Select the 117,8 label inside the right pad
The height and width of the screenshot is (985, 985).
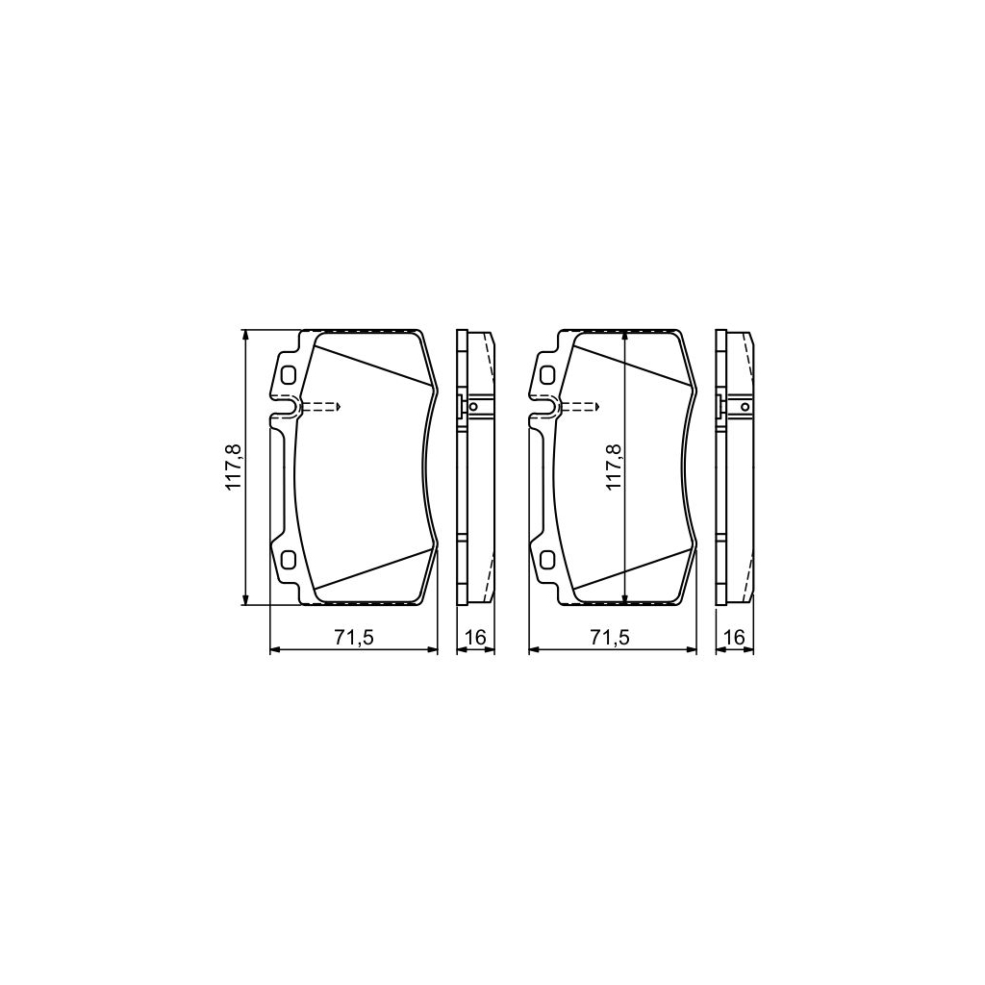[613, 468]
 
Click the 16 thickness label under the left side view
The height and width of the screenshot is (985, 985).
[474, 637]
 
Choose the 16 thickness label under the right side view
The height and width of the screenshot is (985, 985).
[735, 637]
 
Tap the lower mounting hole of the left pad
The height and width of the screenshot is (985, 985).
[287, 559]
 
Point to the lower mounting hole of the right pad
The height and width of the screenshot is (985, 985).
[546, 559]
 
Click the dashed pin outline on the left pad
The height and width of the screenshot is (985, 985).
[322, 407]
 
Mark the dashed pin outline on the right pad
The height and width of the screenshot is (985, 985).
[581, 407]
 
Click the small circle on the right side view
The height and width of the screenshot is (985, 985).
[744, 408]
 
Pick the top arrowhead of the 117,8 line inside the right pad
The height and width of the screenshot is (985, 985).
[626, 336]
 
